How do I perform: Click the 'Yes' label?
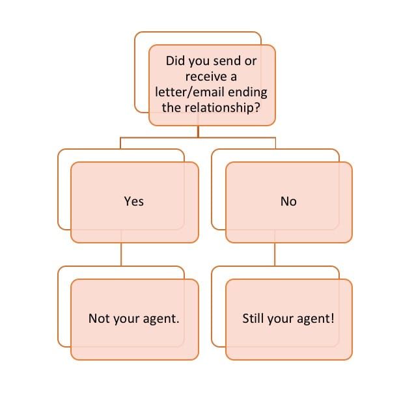tap(133, 202)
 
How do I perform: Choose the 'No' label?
tap(288, 202)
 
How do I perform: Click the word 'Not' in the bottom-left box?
tap(98, 320)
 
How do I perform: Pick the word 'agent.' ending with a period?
tap(159, 320)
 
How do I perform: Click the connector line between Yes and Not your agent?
tap(121, 254)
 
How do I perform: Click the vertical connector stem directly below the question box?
tap(199, 131)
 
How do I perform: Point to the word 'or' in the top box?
tap(251, 62)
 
